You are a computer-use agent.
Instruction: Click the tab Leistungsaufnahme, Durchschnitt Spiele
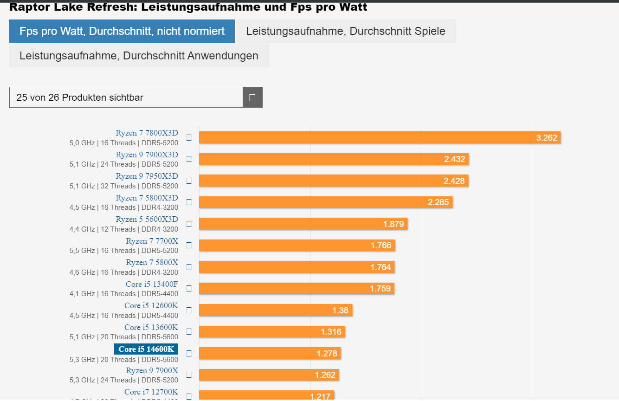coord(345,31)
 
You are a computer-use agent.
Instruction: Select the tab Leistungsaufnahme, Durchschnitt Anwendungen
coord(139,56)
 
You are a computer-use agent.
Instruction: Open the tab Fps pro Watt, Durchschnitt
coord(122,31)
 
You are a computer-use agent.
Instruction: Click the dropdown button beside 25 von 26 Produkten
coord(252,97)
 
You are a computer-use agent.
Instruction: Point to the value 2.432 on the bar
coord(454,159)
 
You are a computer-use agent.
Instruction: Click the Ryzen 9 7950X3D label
coord(147,176)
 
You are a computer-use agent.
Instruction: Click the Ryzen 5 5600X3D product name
coord(147,219)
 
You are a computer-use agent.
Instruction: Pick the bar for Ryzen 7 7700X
coord(297,245)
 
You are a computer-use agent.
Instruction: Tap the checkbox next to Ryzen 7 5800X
coord(189,267)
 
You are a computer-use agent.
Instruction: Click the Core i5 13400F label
coord(152,284)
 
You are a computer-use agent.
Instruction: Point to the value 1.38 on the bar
coord(340,310)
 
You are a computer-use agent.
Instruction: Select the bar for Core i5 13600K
coord(272,331)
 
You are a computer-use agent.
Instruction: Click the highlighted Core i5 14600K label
coord(146,349)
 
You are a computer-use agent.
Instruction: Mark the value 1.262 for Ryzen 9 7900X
coord(325,375)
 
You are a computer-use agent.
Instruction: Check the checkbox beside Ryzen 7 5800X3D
coord(189,202)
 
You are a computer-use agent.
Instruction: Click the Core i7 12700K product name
coord(151,392)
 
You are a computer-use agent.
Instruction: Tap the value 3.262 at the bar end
coord(546,137)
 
